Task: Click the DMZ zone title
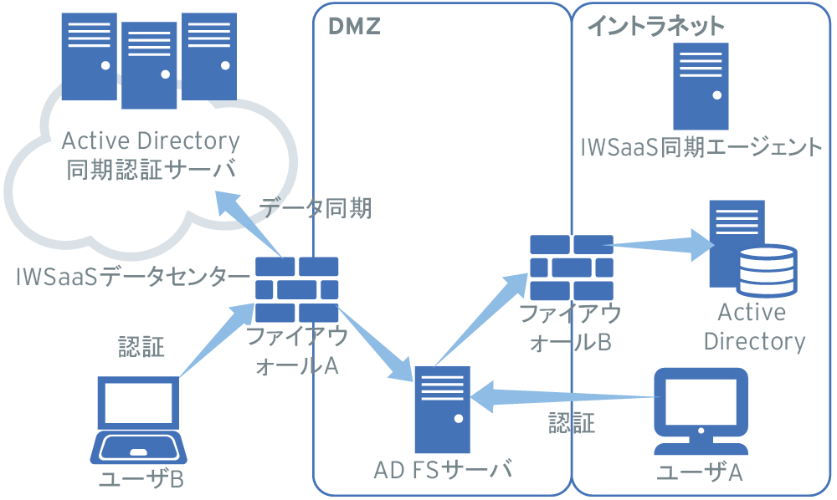(354, 28)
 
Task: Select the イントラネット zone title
(655, 27)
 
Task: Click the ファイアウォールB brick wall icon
(571, 268)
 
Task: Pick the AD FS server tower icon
(439, 409)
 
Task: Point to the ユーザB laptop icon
(139, 421)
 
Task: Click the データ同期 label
(316, 208)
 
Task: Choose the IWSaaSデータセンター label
(132, 276)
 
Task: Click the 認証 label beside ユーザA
(572, 423)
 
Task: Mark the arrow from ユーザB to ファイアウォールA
(209, 342)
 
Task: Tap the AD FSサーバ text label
(443, 471)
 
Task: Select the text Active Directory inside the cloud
(151, 140)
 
